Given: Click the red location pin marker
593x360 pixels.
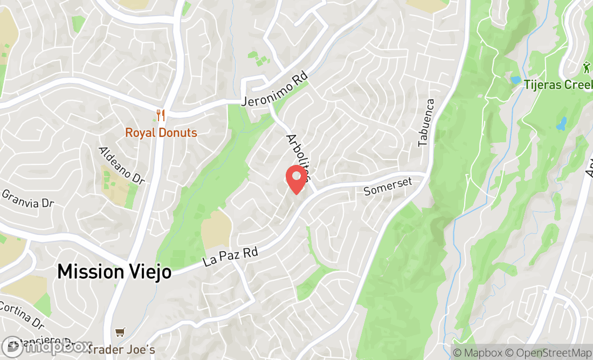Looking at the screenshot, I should click(296, 179).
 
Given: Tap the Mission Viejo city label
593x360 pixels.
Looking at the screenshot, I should click(114, 271).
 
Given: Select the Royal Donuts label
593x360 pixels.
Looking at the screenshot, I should click(161, 132).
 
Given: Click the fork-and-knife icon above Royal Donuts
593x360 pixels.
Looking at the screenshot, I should click(160, 115).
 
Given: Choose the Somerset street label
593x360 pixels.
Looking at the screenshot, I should click(388, 186).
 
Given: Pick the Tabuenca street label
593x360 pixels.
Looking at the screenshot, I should click(426, 122).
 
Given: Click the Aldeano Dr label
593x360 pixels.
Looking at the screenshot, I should click(122, 165).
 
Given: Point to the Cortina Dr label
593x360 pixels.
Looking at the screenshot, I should click(22, 315).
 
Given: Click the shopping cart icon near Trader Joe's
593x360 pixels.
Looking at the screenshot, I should click(120, 333).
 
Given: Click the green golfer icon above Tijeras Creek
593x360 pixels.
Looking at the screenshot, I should click(587, 67).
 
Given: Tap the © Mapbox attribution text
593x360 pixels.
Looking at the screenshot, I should click(477, 353).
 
